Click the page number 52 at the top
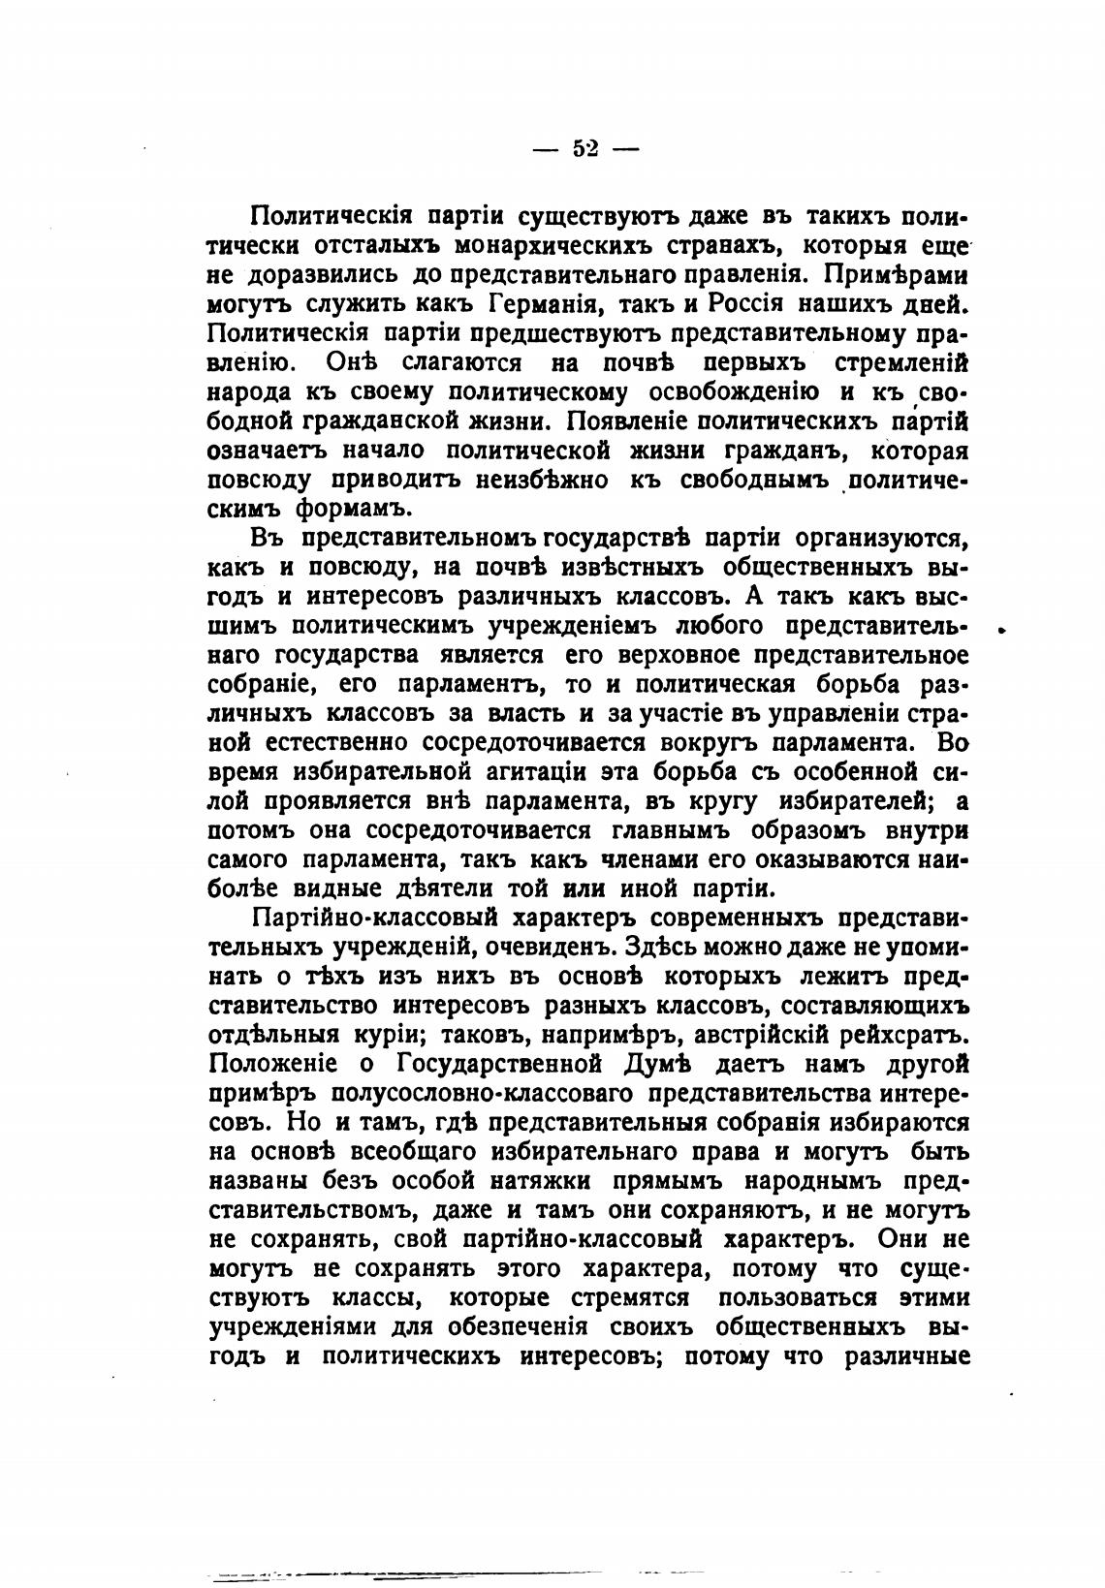point(586,149)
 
